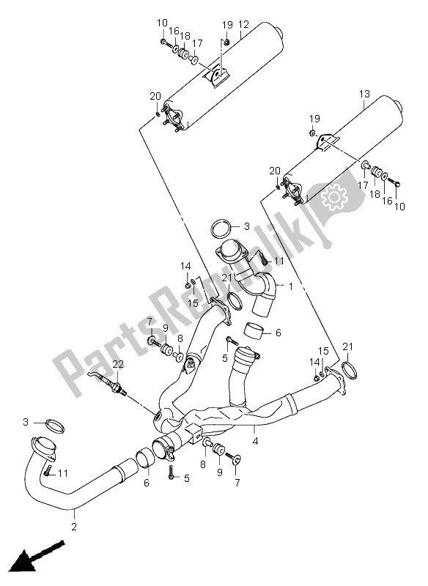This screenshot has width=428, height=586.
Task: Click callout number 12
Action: [x=244, y=24]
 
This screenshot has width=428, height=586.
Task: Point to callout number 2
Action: [x=73, y=525]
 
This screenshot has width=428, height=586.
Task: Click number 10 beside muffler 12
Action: [x=161, y=24]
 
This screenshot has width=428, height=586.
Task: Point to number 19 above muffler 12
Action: [x=226, y=24]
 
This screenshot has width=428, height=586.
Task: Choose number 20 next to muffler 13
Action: [x=275, y=171]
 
